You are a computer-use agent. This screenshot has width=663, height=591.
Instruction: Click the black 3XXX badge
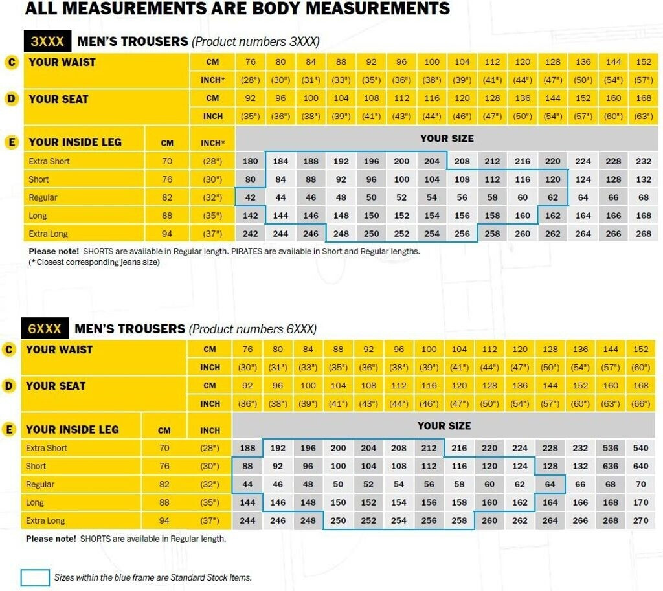[47, 41]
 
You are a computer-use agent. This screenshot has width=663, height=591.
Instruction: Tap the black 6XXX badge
[45, 329]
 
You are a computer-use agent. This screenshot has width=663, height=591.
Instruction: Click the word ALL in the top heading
[40, 8]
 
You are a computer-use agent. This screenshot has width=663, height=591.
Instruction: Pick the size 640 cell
[641, 466]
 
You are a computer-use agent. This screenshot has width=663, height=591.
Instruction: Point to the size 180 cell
[250, 161]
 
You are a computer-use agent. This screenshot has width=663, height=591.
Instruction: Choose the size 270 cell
[641, 520]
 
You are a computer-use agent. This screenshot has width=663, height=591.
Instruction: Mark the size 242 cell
[250, 234]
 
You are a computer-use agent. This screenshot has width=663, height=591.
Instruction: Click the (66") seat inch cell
[641, 403]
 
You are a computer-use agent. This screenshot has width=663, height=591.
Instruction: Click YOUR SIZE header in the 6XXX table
[444, 425]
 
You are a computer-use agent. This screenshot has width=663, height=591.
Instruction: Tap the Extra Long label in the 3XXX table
[48, 234]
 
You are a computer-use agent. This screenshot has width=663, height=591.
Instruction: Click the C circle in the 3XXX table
[11, 62]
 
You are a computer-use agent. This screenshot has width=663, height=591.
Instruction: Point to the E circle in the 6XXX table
[9, 429]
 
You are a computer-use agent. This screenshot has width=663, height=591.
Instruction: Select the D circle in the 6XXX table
[9, 386]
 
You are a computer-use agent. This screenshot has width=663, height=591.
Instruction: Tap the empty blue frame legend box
[35, 577]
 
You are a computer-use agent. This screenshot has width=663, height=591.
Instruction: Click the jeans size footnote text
[95, 262]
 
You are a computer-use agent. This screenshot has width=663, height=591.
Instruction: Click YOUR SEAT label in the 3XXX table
[58, 99]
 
